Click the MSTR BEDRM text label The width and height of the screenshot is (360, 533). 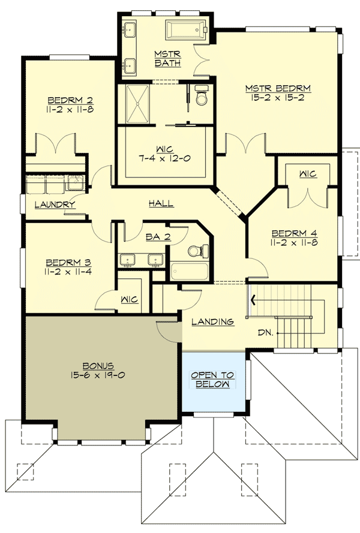274,89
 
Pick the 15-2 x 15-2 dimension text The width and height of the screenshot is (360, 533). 274,98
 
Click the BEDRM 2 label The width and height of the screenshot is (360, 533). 70,100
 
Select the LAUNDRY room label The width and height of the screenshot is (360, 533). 55,204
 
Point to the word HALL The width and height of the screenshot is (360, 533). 161,204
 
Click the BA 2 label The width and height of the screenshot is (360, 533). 158,237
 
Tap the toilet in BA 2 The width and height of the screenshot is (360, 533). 196,250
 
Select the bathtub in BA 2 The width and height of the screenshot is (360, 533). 189,272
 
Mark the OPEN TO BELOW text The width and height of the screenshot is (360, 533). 214,380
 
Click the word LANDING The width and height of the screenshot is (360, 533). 212,322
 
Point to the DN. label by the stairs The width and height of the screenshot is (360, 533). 268,330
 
